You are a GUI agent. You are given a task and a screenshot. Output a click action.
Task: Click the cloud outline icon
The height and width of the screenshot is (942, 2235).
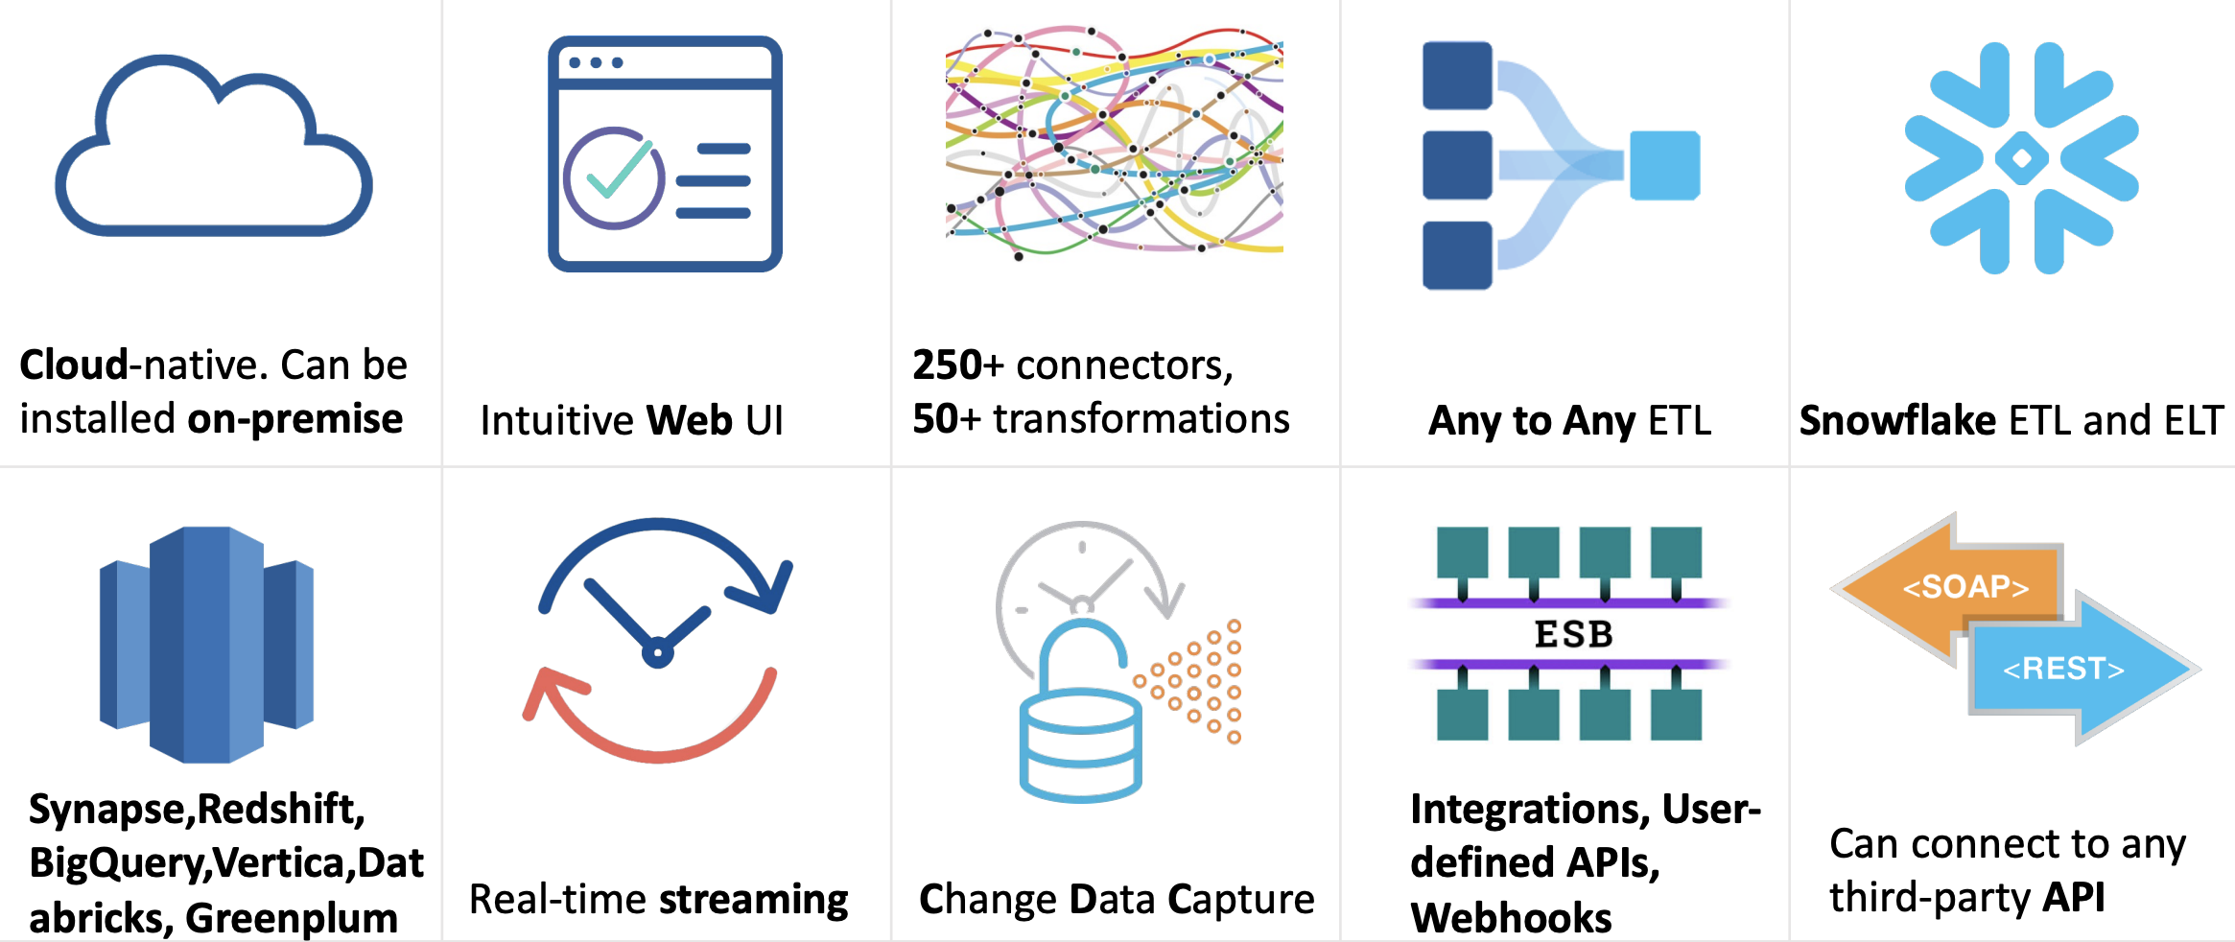(x=213, y=153)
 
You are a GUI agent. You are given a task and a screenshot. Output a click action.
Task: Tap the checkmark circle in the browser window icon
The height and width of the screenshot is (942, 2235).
(x=614, y=178)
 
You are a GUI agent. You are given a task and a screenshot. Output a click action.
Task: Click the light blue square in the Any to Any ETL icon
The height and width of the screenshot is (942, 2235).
(x=1664, y=165)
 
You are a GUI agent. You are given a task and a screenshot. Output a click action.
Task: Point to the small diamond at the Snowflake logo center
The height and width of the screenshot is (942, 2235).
(x=2021, y=158)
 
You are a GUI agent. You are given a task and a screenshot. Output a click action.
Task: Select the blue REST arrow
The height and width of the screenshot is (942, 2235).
(x=2072, y=669)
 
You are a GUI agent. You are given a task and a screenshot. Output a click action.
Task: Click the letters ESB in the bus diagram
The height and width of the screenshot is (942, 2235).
(x=1573, y=634)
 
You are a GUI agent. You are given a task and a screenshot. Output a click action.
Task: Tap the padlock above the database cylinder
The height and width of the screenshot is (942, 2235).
(x=1082, y=652)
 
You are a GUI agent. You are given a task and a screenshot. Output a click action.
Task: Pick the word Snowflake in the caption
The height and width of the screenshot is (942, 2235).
(x=1896, y=421)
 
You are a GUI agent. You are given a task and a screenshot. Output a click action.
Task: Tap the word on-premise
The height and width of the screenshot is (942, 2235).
(x=294, y=419)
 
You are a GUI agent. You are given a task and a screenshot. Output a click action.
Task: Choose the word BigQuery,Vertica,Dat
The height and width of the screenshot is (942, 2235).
(x=226, y=863)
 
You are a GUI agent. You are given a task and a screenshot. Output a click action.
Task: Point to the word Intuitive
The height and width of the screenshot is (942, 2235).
(x=556, y=421)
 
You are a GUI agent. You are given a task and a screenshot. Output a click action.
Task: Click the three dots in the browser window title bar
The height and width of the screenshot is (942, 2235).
(x=596, y=62)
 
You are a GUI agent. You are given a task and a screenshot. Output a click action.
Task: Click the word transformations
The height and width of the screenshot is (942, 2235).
(x=1141, y=419)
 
